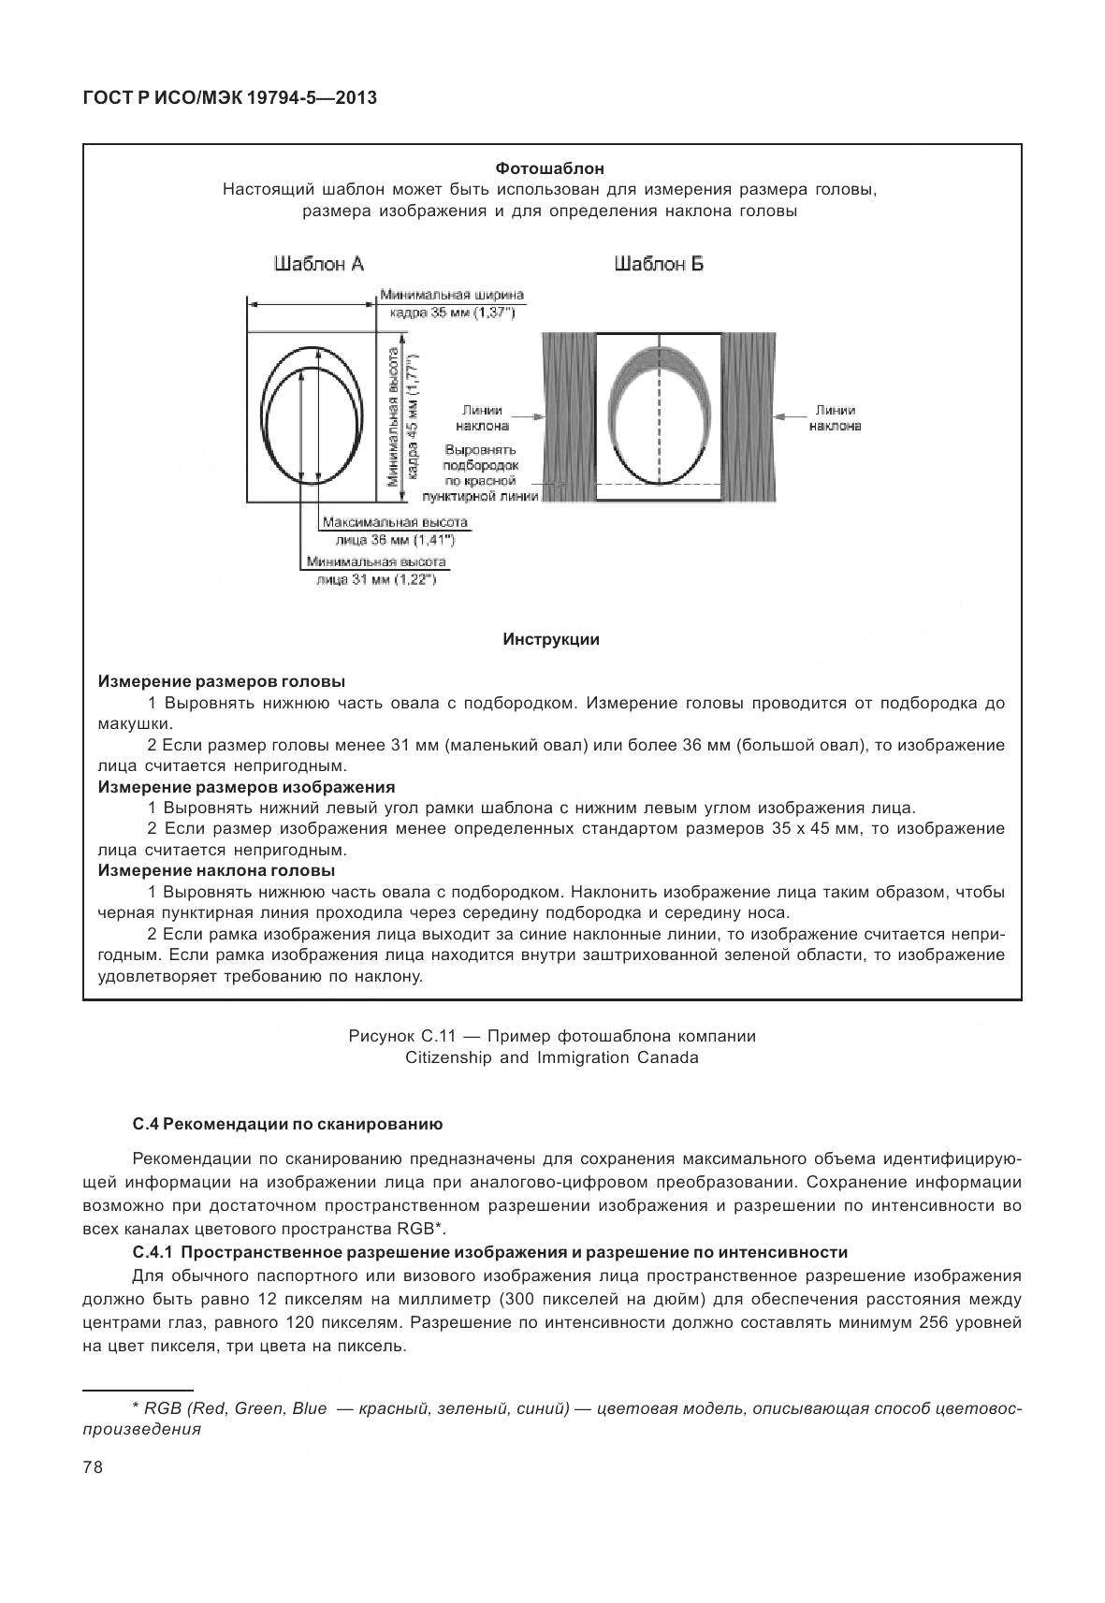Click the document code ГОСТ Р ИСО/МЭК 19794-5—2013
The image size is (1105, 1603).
[229, 96]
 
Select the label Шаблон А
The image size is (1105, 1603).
[318, 265]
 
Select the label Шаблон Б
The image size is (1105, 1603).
[659, 265]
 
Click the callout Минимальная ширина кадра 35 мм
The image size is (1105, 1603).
[452, 304]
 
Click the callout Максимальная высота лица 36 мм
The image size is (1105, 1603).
[394, 531]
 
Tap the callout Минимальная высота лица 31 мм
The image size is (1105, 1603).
[376, 571]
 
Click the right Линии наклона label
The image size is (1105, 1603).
[834, 417]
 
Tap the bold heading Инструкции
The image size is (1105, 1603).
[551, 640]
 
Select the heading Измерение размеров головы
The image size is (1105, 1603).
[221, 681]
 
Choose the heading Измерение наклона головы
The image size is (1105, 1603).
[217, 870]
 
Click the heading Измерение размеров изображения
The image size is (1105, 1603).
[246, 787]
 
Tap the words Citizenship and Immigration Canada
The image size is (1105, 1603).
[551, 1057]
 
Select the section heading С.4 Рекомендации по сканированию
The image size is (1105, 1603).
[287, 1123]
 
